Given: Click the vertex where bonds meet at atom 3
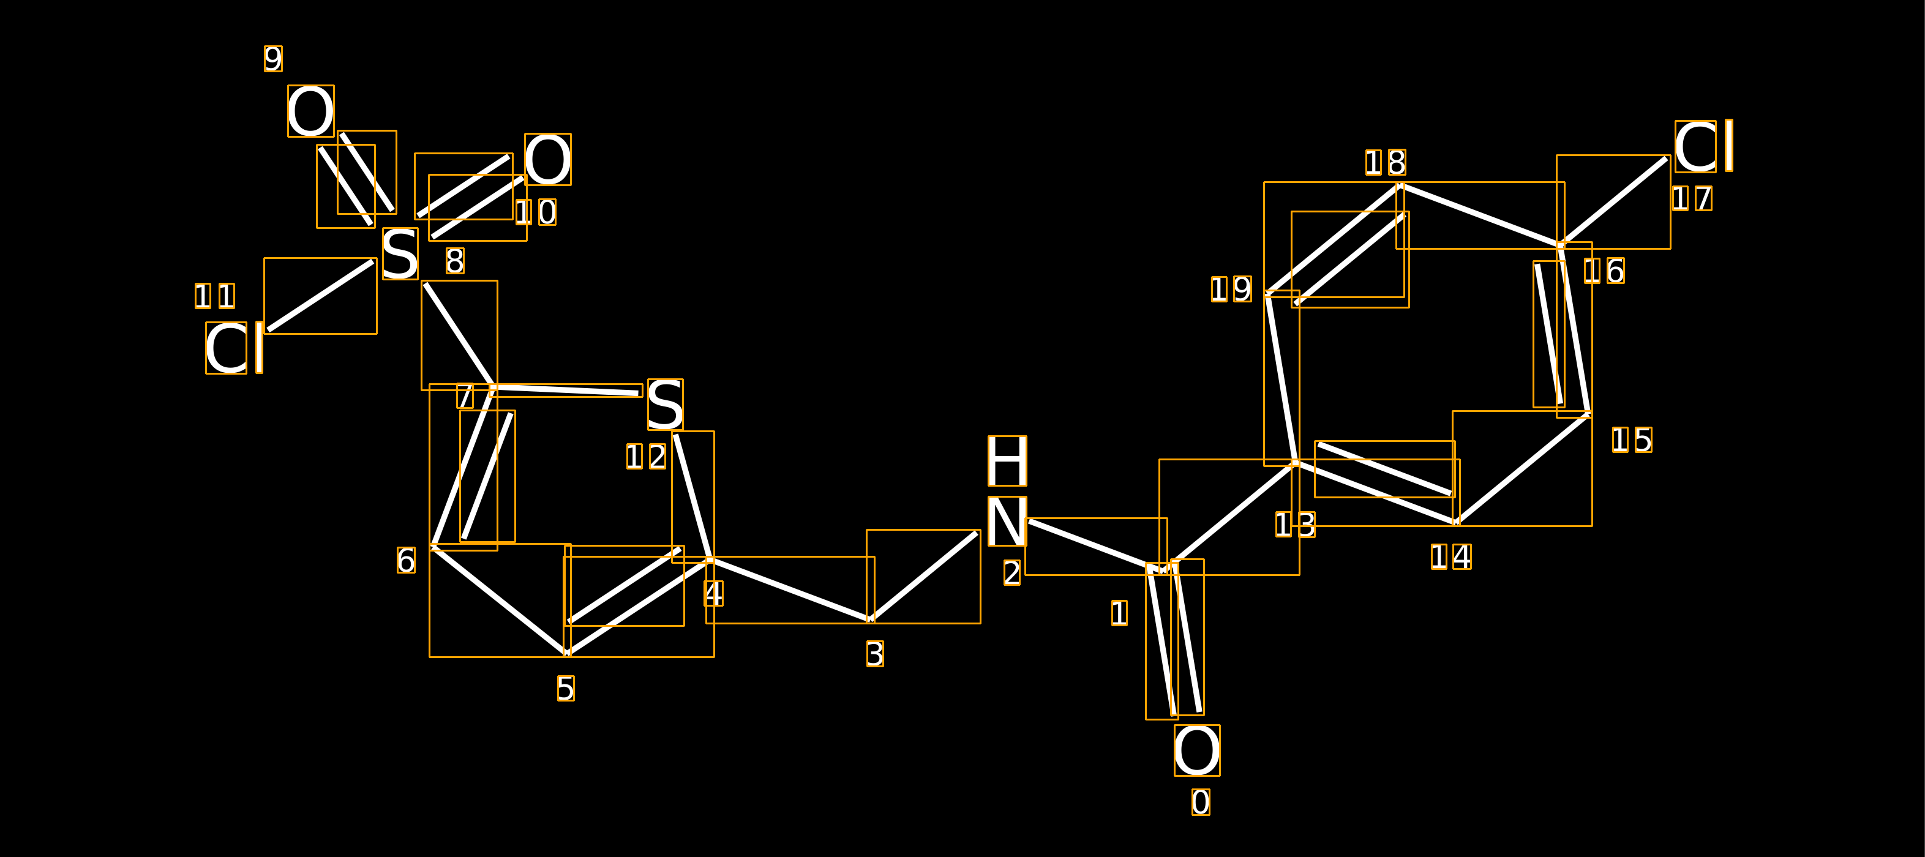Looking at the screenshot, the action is [x=871, y=620].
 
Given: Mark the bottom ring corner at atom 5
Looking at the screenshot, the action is [x=567, y=654].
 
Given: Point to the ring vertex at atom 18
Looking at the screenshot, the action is [x=1400, y=184].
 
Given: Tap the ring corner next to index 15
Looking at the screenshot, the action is [x=1589, y=413].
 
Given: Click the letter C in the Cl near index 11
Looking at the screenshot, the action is [x=227, y=348].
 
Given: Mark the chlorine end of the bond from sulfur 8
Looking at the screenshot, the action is [x=268, y=329].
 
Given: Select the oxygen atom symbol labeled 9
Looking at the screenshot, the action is [x=311, y=111].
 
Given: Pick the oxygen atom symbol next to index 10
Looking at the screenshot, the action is [x=548, y=159].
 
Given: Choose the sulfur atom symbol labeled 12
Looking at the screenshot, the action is [x=665, y=404].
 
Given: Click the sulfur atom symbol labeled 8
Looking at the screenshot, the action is [x=400, y=253].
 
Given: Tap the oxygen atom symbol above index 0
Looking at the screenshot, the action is [x=1197, y=750].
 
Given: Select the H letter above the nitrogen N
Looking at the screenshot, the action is [x=1007, y=461].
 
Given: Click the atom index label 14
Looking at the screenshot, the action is [x=1451, y=556].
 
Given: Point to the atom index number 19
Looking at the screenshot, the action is [x=1231, y=289].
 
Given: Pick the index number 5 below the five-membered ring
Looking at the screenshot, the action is [x=566, y=688].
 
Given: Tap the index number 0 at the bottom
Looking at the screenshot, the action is [x=1201, y=803].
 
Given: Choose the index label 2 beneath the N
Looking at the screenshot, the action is [x=1012, y=573].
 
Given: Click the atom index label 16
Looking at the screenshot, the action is [x=1604, y=271].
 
